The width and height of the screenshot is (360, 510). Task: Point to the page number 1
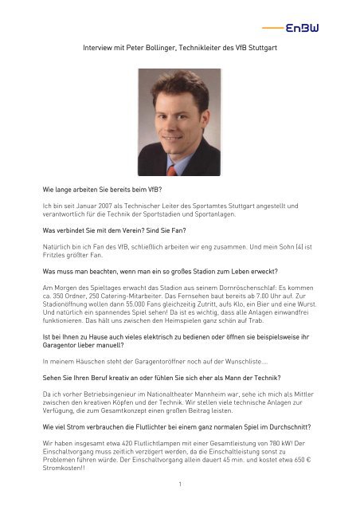point(181,483)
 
